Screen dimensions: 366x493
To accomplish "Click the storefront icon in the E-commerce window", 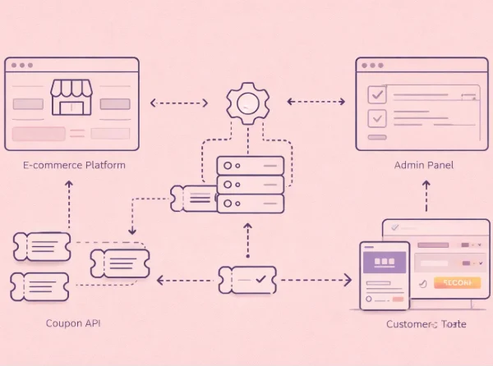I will click(x=72, y=97).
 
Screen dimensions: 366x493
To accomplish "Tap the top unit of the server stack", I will click(x=251, y=165).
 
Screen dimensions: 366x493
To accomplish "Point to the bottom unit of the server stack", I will click(x=251, y=204).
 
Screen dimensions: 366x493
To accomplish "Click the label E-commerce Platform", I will click(x=75, y=165).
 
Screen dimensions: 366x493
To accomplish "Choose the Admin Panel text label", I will click(x=423, y=165).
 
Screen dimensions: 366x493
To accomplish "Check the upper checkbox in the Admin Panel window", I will click(x=377, y=94).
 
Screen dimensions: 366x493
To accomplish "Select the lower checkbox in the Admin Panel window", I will click(x=377, y=118).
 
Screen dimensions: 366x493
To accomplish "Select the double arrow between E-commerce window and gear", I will click(x=178, y=103).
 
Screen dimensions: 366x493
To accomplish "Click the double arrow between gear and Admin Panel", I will click(x=316, y=103).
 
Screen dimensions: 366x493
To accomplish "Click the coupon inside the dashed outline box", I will click(x=120, y=261).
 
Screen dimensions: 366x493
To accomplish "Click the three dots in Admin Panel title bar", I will click(x=371, y=65).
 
